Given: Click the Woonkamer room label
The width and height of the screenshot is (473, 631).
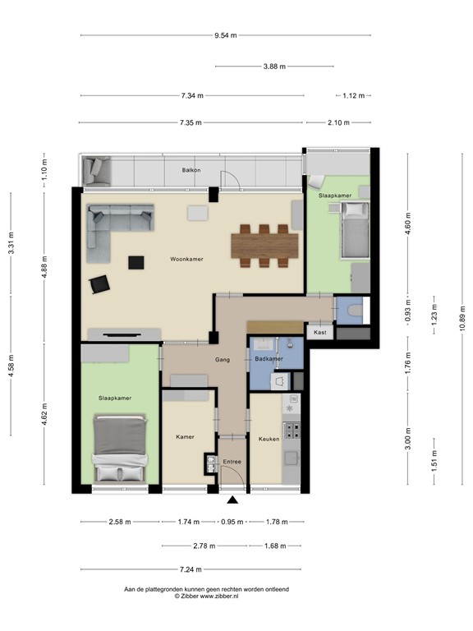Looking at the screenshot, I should coord(186,259).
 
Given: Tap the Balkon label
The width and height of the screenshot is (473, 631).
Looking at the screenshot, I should coord(191,171).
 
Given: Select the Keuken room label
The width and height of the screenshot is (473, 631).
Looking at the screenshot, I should coord(269,439).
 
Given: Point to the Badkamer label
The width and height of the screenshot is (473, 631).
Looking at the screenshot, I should coord(269,359).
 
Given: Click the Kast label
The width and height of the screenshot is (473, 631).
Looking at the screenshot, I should coord(319,332).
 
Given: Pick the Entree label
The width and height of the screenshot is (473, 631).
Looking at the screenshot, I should coord(232,463).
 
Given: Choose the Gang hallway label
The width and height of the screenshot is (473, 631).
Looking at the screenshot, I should coord(223,359).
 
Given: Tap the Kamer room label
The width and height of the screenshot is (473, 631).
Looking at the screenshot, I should coord(186,436).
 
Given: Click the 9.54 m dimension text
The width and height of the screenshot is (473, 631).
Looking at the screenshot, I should coord(225,35).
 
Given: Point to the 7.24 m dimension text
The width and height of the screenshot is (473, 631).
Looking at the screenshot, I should coord(191,569).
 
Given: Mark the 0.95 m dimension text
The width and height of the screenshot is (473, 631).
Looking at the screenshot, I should coord(233,522).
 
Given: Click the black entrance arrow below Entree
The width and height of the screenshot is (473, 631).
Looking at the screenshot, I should coord(233,499).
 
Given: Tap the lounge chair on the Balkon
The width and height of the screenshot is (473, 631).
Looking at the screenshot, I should coord(99,170).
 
